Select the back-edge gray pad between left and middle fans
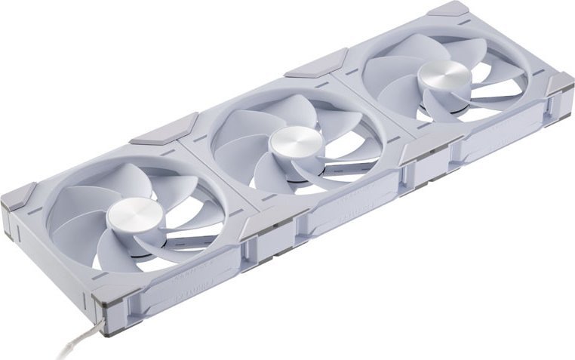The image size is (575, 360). [164, 128]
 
